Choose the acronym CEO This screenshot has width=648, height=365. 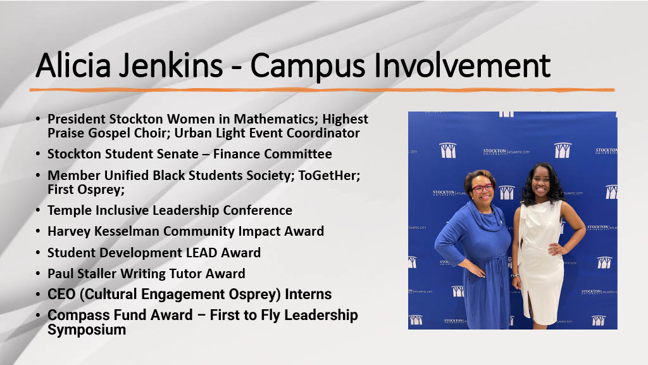click(61, 295)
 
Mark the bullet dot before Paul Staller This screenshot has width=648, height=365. click(38, 274)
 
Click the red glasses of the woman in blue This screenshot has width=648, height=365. click(482, 188)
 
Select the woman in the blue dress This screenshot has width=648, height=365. click(476, 253)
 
